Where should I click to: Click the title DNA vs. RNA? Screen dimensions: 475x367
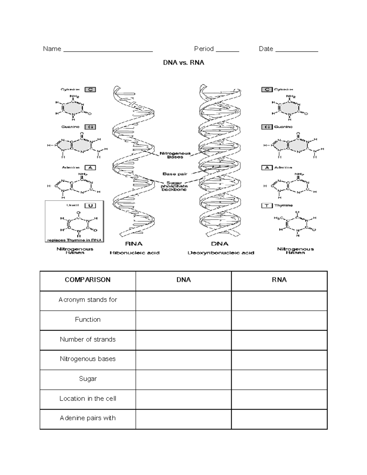[183, 63]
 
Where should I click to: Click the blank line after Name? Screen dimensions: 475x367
[108, 50]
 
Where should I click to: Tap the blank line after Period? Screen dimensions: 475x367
[227, 50]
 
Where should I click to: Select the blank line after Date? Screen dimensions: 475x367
[297, 50]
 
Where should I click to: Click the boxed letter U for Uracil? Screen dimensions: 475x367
[90, 206]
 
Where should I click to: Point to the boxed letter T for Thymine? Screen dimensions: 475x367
[267, 206]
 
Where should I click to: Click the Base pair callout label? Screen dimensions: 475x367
[175, 174]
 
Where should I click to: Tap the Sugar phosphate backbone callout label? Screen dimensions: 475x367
[174, 186]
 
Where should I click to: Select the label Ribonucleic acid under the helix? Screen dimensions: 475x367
[135, 253]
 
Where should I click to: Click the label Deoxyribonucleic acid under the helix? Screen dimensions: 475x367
[221, 253]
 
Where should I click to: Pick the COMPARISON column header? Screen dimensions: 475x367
[88, 280]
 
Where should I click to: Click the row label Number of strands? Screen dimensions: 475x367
[88, 339]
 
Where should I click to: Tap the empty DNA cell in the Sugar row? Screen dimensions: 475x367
[183, 379]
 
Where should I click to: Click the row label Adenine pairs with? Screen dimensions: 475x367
[88, 418]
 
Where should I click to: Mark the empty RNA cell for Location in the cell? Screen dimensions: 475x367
[279, 399]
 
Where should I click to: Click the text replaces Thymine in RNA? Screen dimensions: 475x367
[74, 240]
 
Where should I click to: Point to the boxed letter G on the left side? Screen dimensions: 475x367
[90, 127]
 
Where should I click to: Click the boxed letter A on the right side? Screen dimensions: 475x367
[267, 168]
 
